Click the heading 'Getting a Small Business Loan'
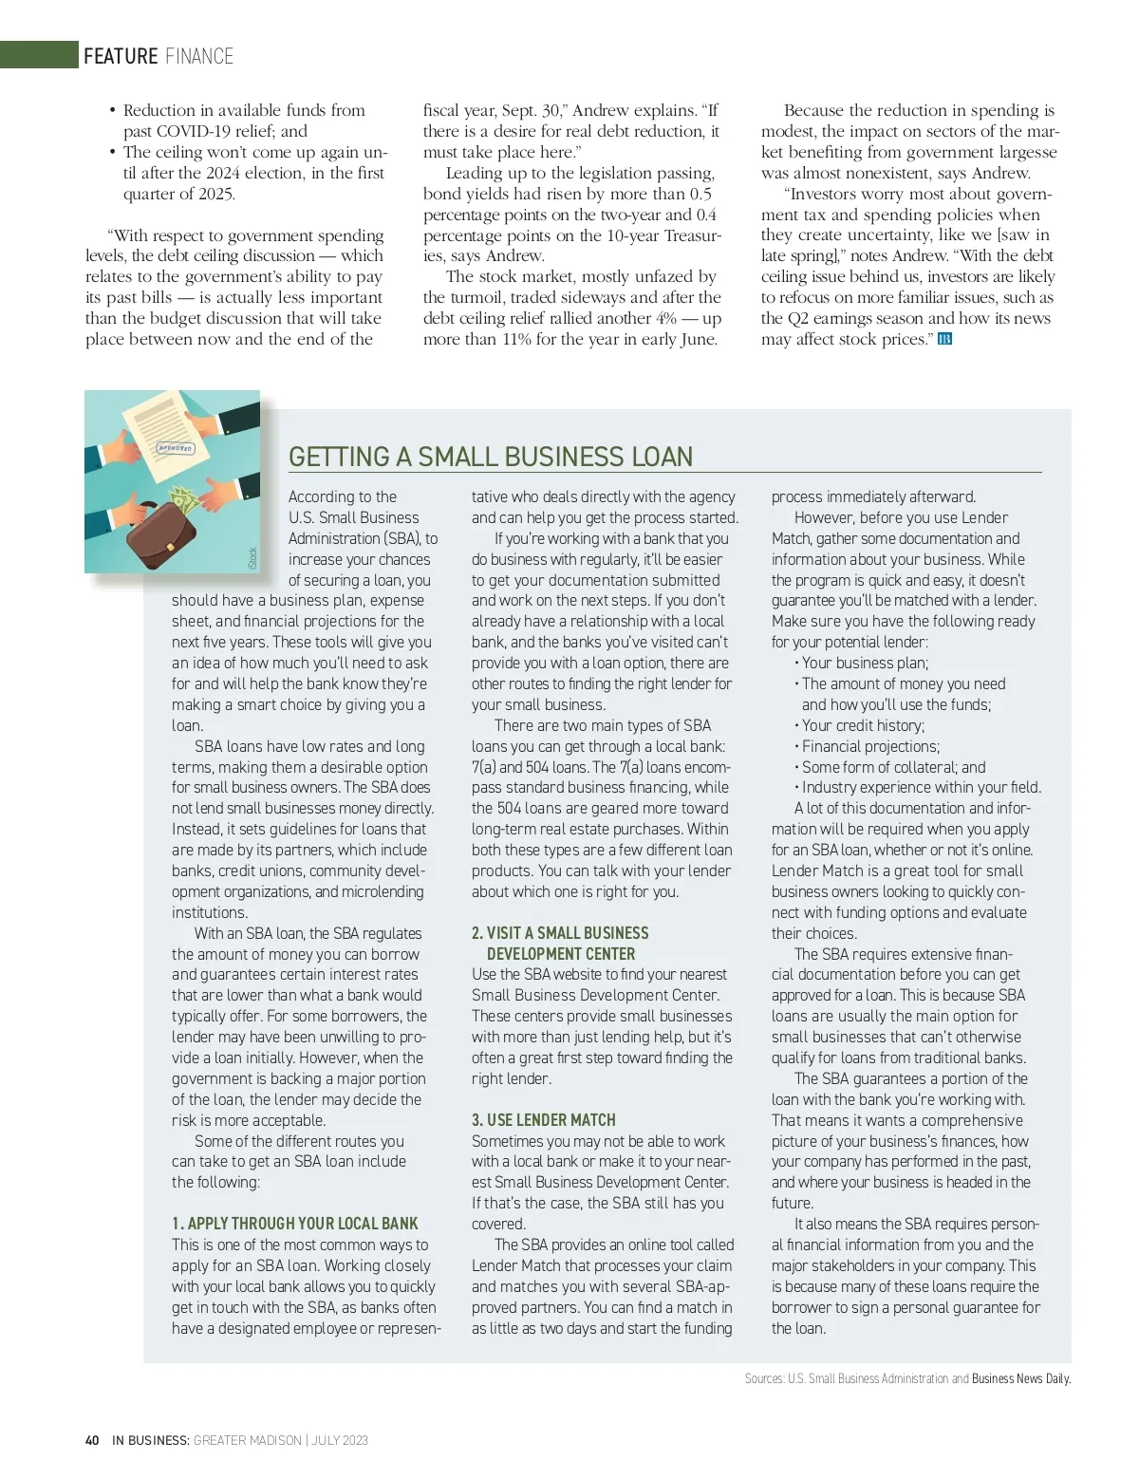[x=491, y=457]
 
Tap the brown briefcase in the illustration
[x=161, y=537]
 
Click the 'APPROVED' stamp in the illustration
[x=175, y=447]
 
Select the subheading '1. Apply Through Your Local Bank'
[x=295, y=1224]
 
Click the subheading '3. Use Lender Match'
[x=544, y=1120]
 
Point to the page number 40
[x=92, y=1440]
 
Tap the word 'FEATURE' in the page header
[x=121, y=56]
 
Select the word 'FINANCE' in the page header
[x=199, y=56]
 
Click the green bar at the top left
[x=39, y=54]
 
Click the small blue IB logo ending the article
[x=944, y=339]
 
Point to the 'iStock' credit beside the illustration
[x=252, y=557]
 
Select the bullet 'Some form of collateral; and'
[x=893, y=767]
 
